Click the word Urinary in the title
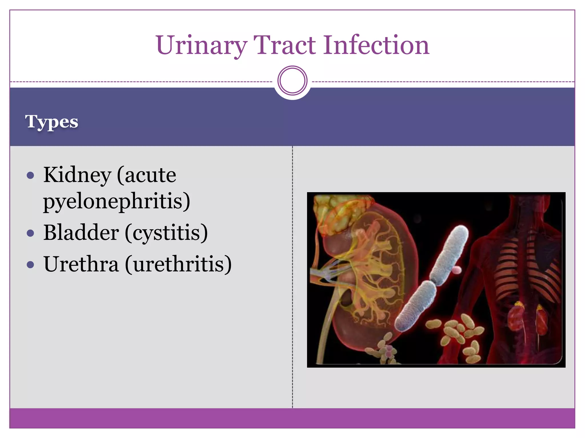(201, 46)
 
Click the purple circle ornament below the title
(292, 80)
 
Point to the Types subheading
(51, 122)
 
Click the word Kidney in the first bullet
(77, 175)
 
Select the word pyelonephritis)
(117, 201)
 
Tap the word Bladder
(81, 233)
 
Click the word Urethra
(81, 264)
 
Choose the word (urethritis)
(178, 264)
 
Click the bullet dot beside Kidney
(30, 175)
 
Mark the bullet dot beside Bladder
(30, 233)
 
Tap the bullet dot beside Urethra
(30, 265)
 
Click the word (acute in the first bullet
(146, 175)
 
